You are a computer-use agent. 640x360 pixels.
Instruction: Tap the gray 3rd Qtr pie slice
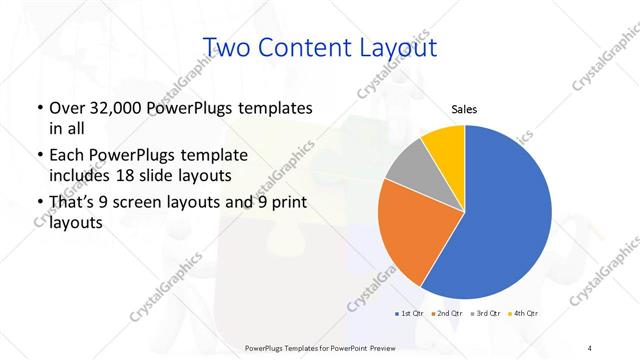(408, 168)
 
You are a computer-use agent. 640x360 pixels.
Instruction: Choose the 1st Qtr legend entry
(410, 314)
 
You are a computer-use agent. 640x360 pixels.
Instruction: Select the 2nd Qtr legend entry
(446, 314)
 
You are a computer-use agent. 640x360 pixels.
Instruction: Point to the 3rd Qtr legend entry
(486, 314)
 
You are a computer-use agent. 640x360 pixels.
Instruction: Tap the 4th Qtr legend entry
(524, 314)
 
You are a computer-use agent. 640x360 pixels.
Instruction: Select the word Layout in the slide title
(404, 47)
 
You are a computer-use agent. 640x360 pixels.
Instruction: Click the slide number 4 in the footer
(590, 347)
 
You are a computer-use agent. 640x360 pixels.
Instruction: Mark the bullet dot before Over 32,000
(39, 108)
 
